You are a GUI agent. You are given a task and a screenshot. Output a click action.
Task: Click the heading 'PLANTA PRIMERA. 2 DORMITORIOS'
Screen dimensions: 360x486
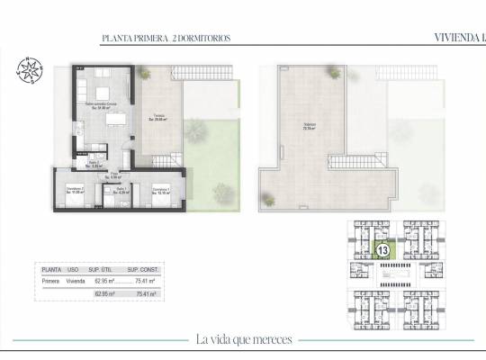coord(166,39)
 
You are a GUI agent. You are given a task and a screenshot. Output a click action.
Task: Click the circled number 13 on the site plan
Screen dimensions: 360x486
coord(382,249)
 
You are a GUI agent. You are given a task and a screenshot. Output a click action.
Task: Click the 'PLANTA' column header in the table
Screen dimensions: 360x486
coord(52,269)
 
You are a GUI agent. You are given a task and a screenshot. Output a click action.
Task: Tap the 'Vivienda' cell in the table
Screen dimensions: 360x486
coord(76,281)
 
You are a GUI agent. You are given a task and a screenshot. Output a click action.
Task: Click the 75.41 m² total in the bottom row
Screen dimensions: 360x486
coord(147,293)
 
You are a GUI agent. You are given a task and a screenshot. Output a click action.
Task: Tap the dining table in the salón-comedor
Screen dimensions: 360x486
coord(101,90)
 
